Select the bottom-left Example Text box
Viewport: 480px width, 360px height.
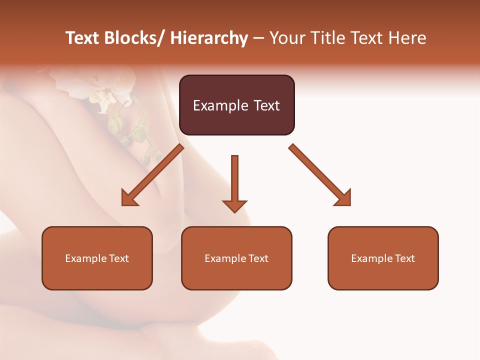(97, 258)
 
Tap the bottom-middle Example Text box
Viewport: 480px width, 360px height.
(236, 258)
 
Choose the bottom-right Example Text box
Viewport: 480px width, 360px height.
(383, 258)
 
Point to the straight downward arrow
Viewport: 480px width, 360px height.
(234, 183)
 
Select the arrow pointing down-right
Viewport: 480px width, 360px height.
(320, 175)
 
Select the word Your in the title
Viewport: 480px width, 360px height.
(286, 38)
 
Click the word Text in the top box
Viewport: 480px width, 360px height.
(265, 105)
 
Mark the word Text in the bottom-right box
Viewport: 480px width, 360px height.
(404, 258)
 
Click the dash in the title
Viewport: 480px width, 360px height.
(258, 38)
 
